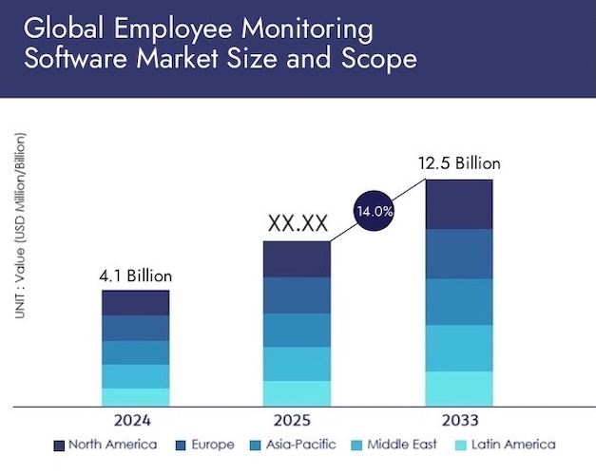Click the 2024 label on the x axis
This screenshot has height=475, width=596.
tap(135, 419)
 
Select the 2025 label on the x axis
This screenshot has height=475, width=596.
tap(297, 419)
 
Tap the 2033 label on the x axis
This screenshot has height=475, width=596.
tap(459, 419)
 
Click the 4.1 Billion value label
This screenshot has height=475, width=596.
tap(135, 276)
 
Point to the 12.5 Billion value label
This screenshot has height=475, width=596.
tap(459, 162)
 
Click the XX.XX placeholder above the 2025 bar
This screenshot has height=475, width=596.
tap(298, 224)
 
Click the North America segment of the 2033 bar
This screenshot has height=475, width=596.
tap(459, 204)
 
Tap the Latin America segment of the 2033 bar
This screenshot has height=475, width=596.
tap(459, 388)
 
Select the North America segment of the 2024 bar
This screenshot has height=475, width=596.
tap(135, 302)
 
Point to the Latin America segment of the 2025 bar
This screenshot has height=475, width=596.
tap(297, 393)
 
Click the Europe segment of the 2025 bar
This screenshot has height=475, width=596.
tap(297, 295)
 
